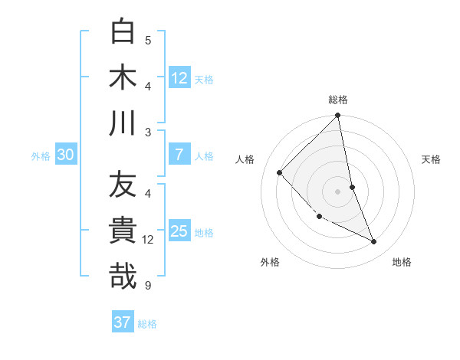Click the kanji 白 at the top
click(123, 33)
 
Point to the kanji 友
click(123, 186)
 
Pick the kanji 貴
click(123, 231)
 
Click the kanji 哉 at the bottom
click(123, 277)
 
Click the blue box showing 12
click(179, 77)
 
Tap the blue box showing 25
click(179, 231)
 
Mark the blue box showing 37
click(123, 322)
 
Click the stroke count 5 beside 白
click(148, 41)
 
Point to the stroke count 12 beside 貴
click(149, 240)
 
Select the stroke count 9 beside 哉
click(148, 286)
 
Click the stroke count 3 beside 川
click(148, 133)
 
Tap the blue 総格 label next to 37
click(147, 324)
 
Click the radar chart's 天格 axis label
click(432, 159)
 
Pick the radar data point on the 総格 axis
click(338, 116)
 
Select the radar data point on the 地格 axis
click(374, 242)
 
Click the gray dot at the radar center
click(338, 191)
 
